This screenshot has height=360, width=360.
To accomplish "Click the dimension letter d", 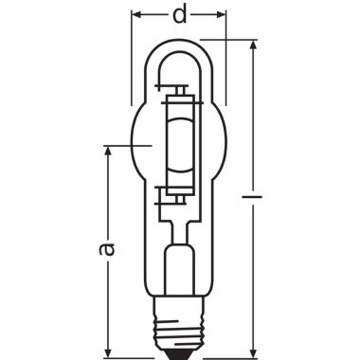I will coord(178,17).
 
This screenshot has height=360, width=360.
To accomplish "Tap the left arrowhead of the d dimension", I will coord(135,17).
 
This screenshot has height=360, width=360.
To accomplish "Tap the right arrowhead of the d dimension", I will coord(223,17).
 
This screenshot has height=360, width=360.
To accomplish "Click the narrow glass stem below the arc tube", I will coord(178,223).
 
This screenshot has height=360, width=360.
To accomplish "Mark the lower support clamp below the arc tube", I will coord(178,195).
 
